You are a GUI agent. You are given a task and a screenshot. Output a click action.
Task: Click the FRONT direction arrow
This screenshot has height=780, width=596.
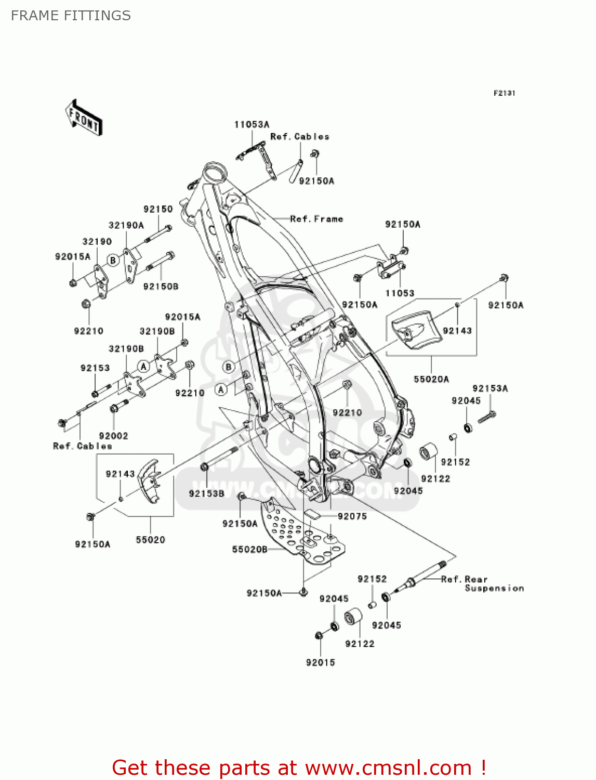click(x=84, y=118)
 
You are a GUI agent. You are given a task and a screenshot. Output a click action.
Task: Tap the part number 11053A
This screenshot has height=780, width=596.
click(x=251, y=125)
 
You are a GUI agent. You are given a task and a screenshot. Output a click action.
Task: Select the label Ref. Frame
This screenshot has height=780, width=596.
click(x=316, y=219)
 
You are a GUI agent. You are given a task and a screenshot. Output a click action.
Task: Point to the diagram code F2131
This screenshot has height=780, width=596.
click(x=504, y=93)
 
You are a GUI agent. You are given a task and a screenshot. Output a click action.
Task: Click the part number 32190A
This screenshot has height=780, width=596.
click(x=126, y=225)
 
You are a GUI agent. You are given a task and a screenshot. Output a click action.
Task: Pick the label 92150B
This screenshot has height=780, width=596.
click(x=161, y=287)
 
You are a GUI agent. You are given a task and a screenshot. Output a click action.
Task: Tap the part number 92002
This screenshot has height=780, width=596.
click(x=113, y=436)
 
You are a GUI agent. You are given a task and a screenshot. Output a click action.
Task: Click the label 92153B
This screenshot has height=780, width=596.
click(x=207, y=493)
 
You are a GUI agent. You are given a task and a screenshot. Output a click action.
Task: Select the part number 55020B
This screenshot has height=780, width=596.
click(x=249, y=549)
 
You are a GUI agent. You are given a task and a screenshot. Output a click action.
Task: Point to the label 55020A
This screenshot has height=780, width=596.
click(x=431, y=379)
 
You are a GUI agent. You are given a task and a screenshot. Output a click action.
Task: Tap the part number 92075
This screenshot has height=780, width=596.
click(x=352, y=516)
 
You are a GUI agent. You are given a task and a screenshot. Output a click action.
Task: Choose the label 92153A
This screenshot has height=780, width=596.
click(x=490, y=388)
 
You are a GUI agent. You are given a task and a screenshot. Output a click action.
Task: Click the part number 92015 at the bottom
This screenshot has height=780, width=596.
click(x=320, y=662)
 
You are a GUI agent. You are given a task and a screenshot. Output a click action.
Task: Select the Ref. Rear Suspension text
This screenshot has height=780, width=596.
click(x=482, y=583)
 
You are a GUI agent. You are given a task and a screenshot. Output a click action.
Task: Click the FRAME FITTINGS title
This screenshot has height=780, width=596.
click(x=71, y=16)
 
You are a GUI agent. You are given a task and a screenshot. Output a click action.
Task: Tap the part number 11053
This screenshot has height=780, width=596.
click(x=400, y=293)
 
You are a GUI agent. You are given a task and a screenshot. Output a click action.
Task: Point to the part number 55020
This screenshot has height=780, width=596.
click(x=150, y=540)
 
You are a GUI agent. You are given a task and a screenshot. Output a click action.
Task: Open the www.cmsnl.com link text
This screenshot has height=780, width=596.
click(x=388, y=768)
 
